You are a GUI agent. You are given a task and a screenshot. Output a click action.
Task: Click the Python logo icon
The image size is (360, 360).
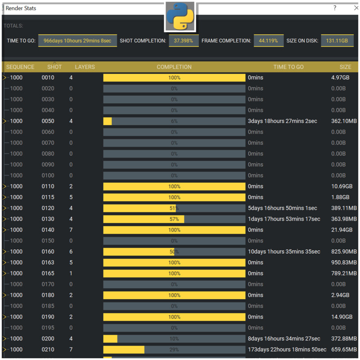(180, 16)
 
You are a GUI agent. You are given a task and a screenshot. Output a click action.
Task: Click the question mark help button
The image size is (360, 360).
(335, 8)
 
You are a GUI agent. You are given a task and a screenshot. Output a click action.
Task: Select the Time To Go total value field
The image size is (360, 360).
(78, 40)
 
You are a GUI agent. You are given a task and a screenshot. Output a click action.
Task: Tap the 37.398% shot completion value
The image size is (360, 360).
(184, 40)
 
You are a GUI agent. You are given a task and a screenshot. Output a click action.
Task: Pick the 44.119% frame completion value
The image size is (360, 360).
(269, 40)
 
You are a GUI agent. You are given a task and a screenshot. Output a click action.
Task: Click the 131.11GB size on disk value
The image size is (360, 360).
(337, 40)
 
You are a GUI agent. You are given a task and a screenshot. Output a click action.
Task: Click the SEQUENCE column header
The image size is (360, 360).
(20, 67)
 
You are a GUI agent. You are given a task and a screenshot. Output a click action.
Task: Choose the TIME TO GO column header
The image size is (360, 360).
(288, 67)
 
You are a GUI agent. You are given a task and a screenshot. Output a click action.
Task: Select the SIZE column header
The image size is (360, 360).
(345, 67)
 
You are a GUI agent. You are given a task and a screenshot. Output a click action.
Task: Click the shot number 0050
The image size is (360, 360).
(48, 121)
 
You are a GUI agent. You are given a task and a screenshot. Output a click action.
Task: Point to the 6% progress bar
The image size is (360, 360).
(174, 121)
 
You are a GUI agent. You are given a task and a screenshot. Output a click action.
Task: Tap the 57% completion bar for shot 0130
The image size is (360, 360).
(174, 219)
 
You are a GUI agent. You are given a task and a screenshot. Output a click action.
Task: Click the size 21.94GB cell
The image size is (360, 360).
(340, 230)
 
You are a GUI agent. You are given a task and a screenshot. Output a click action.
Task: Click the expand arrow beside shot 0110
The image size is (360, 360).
(5, 186)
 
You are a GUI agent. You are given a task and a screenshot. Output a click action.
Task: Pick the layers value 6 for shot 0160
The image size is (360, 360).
(71, 252)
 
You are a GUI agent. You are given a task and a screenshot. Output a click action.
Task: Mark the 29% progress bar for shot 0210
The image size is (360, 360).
(174, 350)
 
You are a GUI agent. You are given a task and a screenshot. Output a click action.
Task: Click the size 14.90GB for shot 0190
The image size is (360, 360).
(340, 317)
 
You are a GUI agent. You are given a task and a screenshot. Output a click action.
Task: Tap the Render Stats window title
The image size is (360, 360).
(21, 8)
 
